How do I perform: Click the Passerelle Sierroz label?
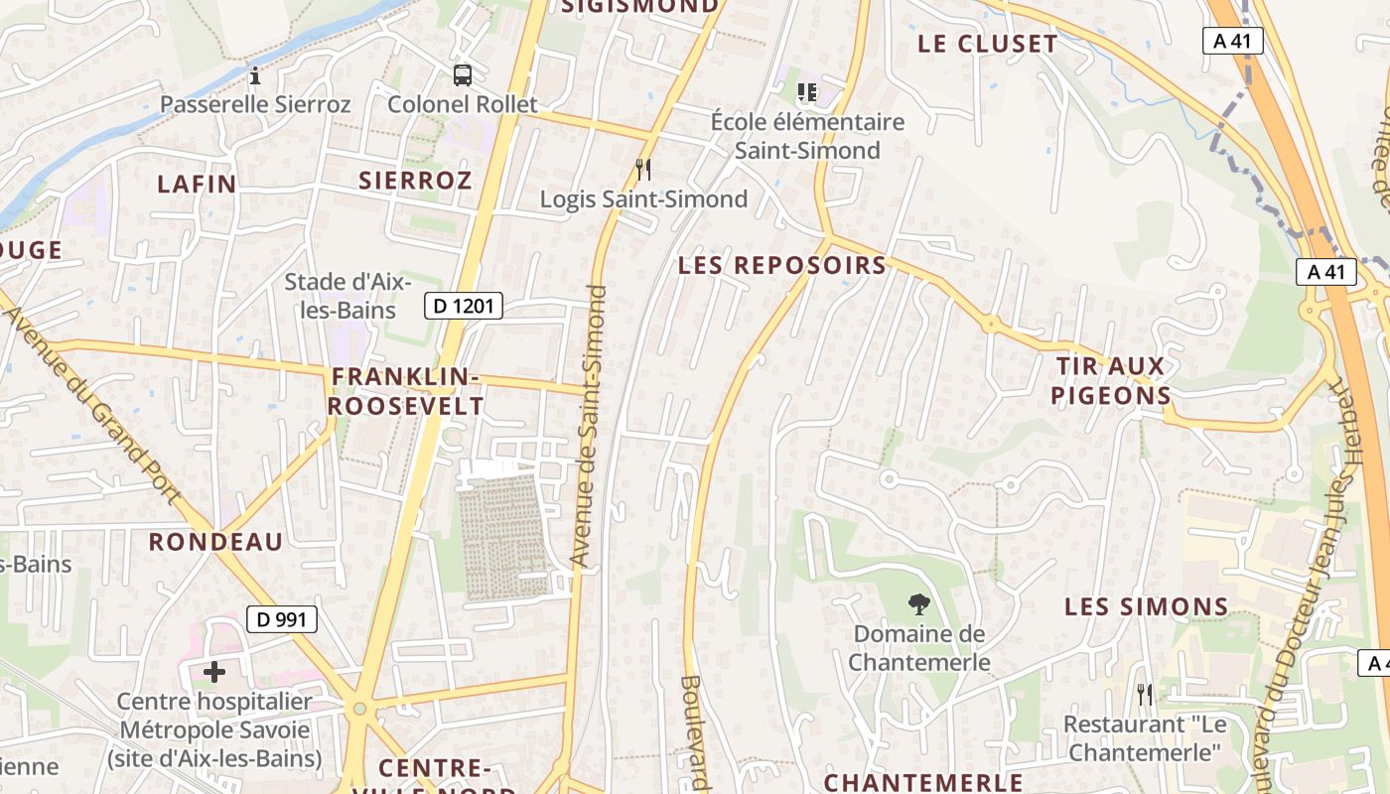[x=255, y=104]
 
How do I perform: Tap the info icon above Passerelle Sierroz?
[x=255, y=75]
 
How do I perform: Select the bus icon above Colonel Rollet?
[x=463, y=74]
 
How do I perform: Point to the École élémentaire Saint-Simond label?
[x=807, y=136]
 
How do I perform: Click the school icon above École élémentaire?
[x=807, y=92]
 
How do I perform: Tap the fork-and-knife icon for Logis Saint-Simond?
[x=643, y=170]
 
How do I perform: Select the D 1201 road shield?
[x=464, y=306]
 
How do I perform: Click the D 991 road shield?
[x=282, y=619]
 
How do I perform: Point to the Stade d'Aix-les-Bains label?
[x=340, y=296]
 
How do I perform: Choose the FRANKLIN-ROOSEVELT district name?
[x=406, y=391]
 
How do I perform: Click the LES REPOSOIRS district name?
[x=782, y=265]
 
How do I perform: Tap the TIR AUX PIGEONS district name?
[x=1111, y=381]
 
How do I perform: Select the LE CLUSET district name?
[x=988, y=44]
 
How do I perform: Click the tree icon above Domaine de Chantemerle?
[x=918, y=602]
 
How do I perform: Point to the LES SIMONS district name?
[x=1147, y=606]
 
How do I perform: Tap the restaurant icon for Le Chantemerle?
[x=1145, y=695]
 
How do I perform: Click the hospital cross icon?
[x=214, y=673]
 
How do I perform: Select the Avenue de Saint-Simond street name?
[x=589, y=427]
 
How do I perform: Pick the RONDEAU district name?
[x=215, y=542]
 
